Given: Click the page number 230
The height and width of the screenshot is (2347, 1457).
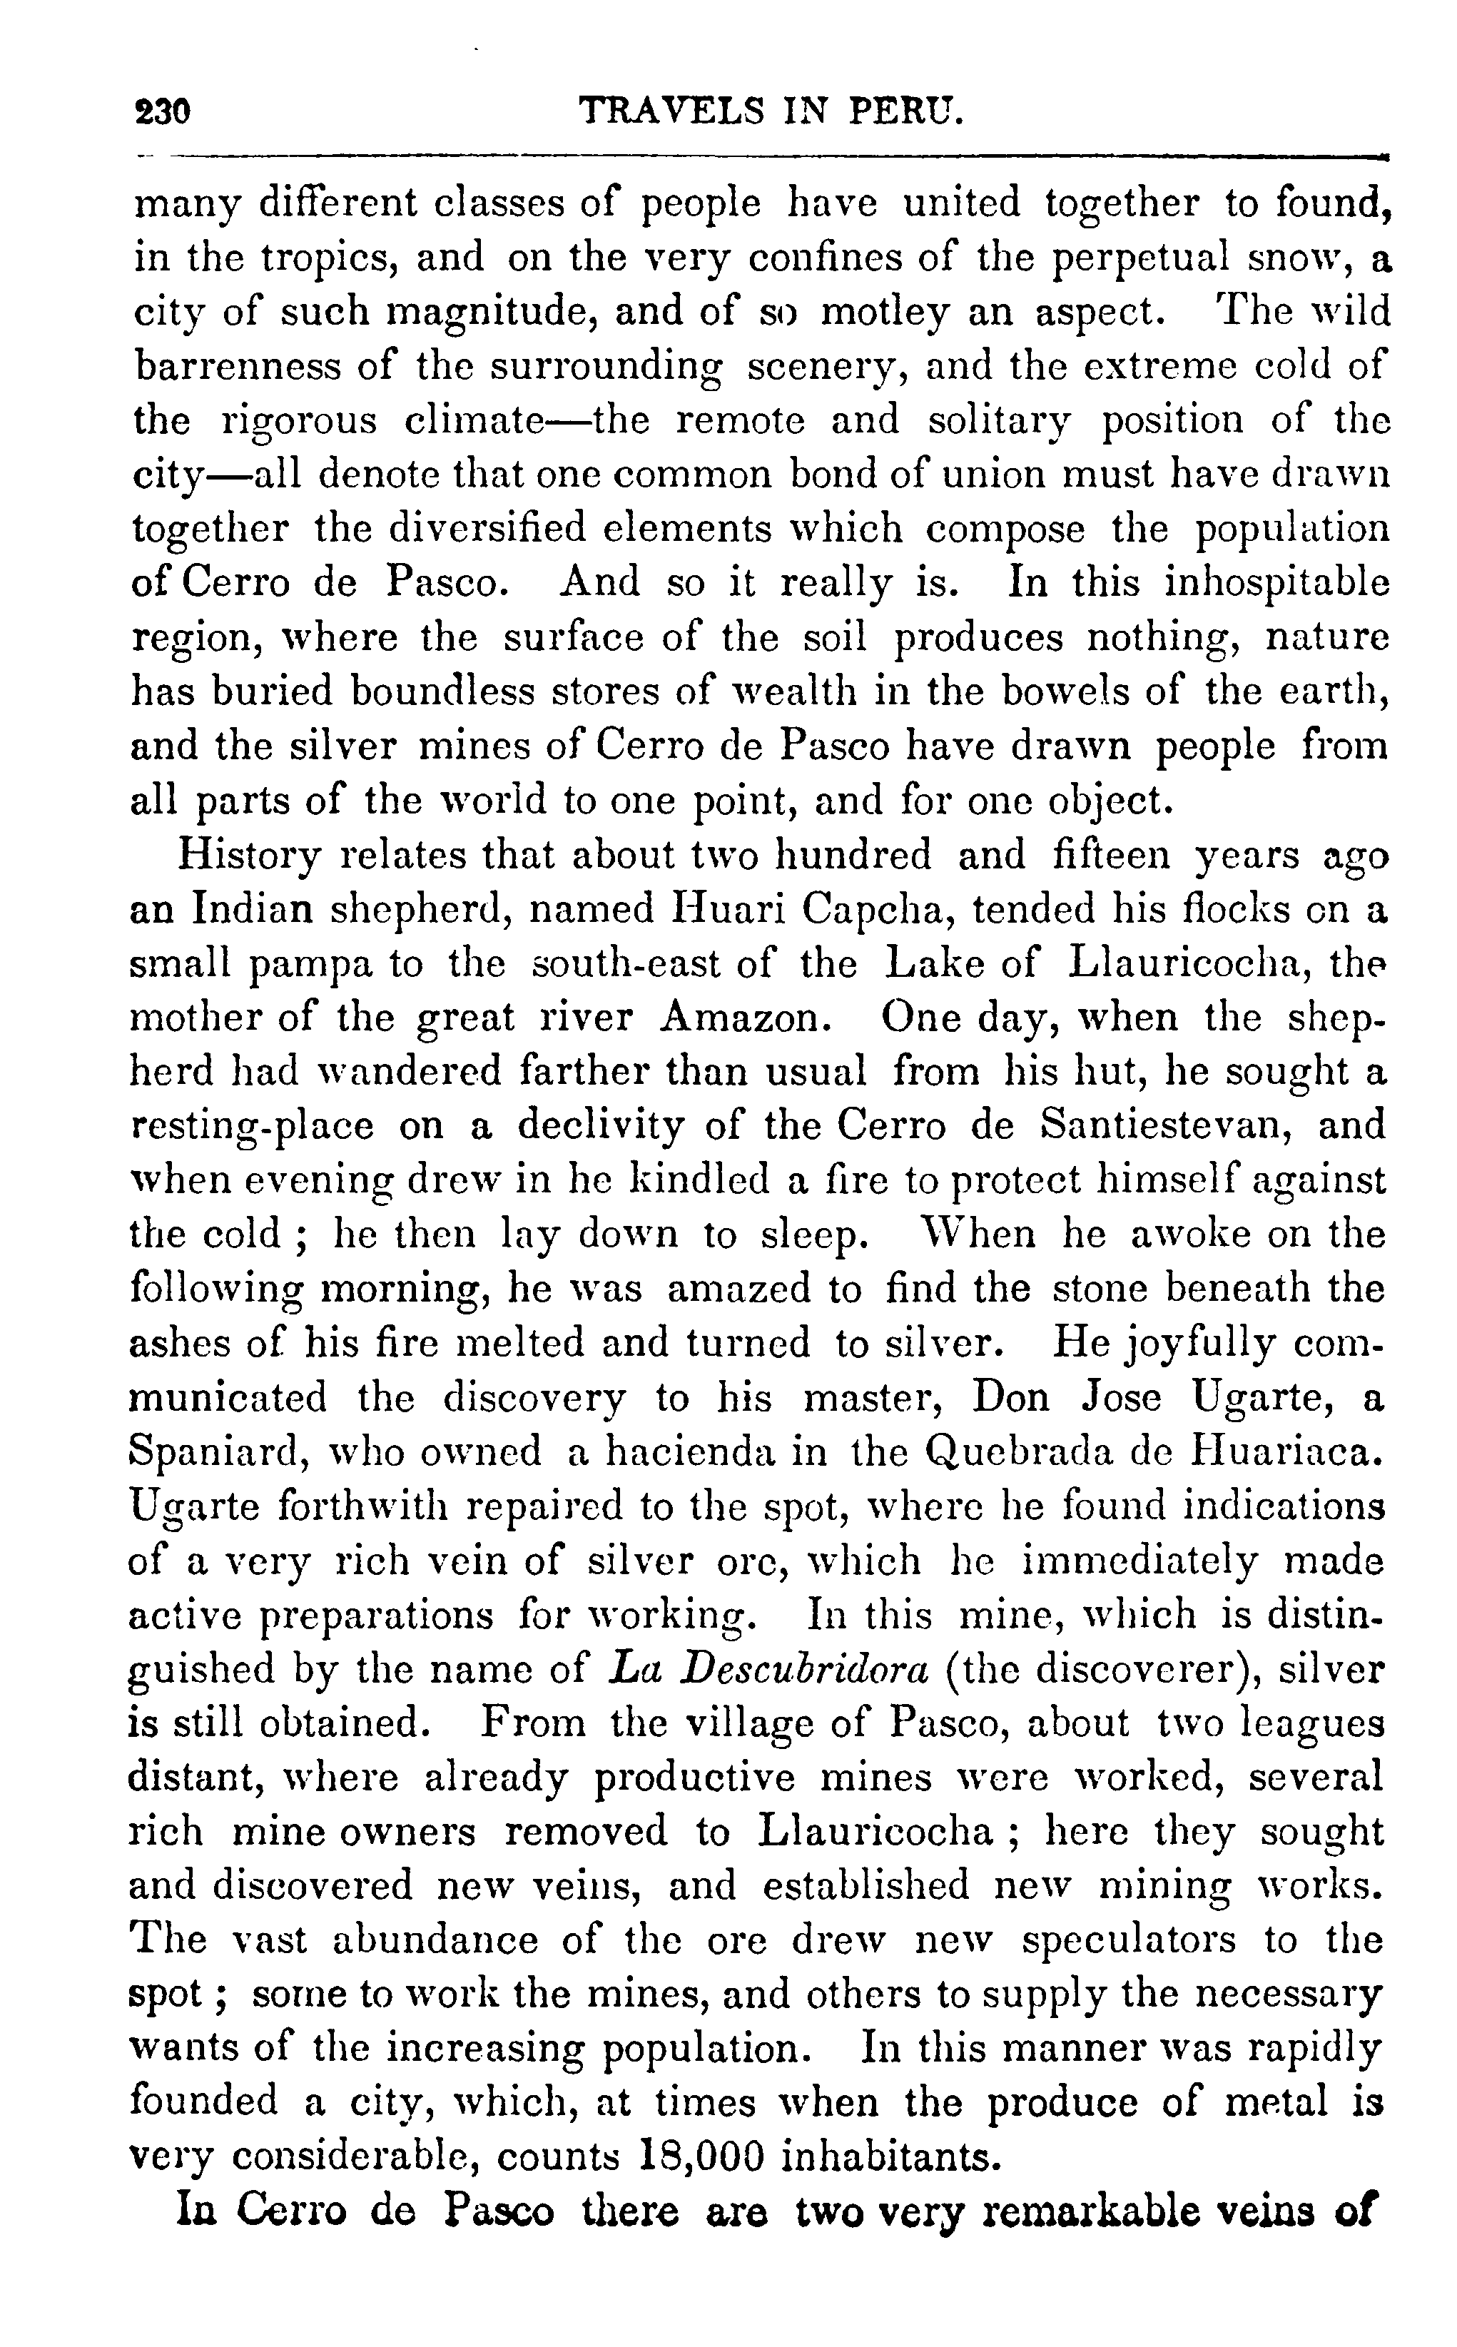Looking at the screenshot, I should [164, 113].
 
